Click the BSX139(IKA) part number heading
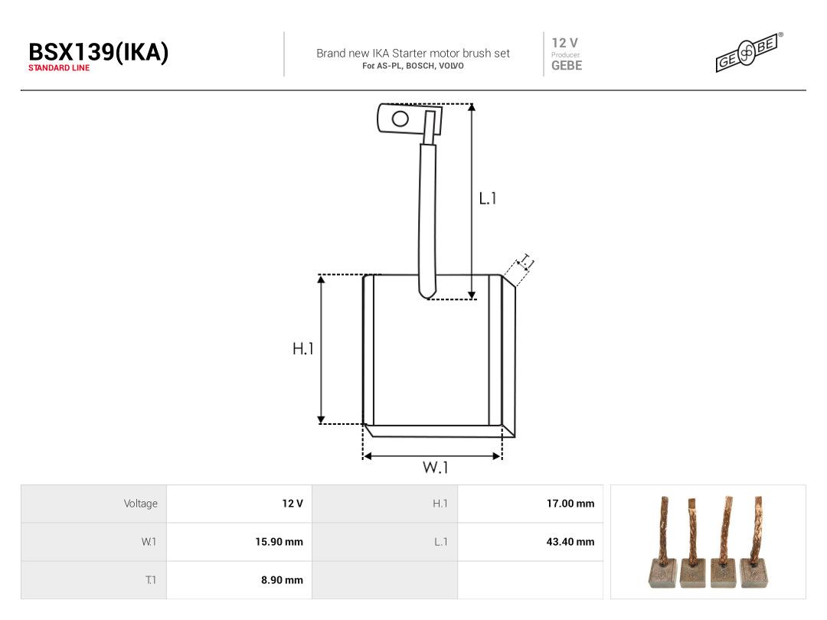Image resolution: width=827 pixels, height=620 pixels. coord(99,52)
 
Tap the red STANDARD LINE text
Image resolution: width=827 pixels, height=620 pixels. coord(59,68)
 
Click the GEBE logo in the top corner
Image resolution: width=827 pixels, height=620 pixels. coord(749,52)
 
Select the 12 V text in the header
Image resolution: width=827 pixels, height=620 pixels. coord(565,43)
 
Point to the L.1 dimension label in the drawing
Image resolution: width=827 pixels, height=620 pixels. coord(487,198)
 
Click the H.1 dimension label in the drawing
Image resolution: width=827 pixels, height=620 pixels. coord(302,348)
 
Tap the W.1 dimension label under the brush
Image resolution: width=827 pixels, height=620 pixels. coord(435,467)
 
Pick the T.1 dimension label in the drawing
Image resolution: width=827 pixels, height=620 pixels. coord(526,262)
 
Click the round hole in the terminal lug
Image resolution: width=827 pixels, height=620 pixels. coord(400,119)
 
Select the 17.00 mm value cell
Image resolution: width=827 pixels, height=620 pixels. coord(570,504)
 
